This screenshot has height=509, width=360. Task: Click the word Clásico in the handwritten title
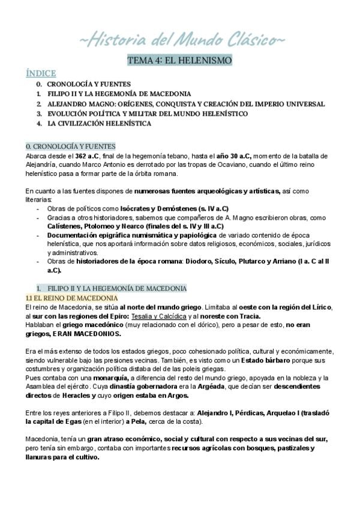248,40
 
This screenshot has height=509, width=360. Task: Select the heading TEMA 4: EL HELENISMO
180,61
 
